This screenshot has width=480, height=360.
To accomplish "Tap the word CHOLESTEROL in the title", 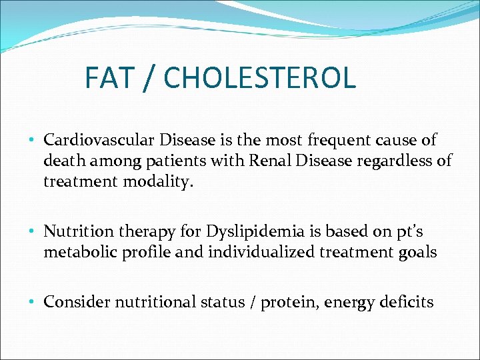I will pos(259,78).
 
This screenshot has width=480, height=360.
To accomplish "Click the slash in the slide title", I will pos(149,78).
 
